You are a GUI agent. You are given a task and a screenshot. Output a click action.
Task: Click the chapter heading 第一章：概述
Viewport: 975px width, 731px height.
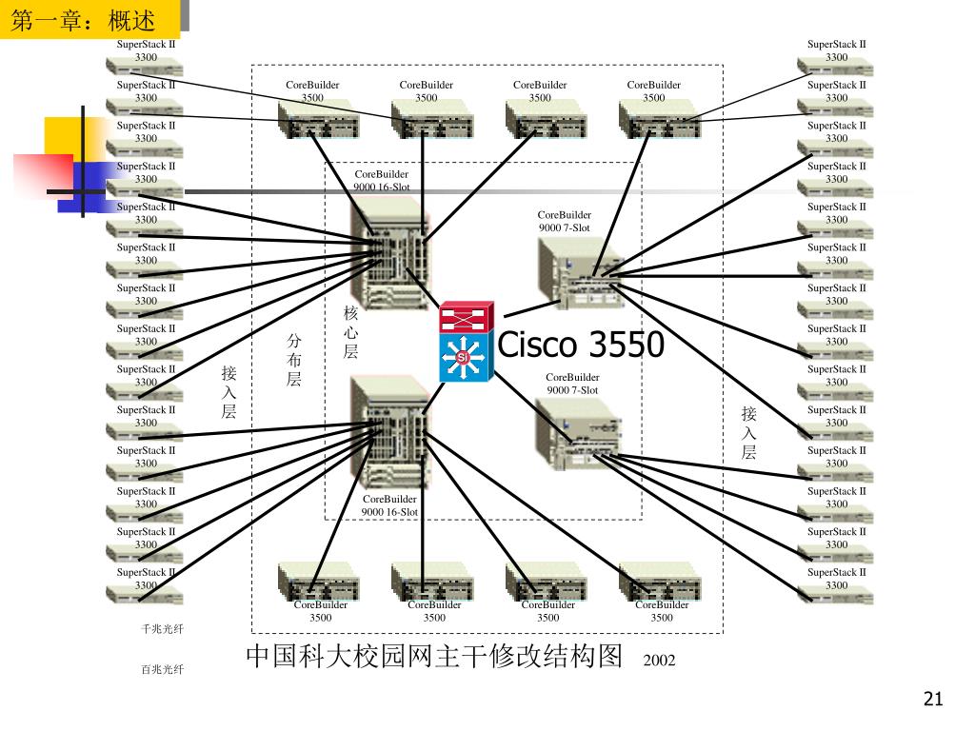click(x=83, y=19)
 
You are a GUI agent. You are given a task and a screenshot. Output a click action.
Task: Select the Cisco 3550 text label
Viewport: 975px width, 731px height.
click(x=581, y=345)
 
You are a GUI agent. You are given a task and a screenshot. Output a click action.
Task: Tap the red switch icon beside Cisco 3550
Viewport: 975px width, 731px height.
click(x=467, y=317)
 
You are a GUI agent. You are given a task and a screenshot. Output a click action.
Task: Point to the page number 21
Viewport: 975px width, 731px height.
click(x=932, y=701)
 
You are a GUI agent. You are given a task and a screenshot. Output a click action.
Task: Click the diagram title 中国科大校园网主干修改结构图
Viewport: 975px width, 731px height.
click(x=434, y=657)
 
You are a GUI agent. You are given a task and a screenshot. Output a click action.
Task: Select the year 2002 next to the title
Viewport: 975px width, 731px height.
click(x=659, y=660)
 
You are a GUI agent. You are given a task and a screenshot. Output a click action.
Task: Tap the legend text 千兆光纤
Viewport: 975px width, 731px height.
click(x=162, y=629)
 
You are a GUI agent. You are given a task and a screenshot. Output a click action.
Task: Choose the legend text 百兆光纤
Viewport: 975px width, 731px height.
click(x=162, y=669)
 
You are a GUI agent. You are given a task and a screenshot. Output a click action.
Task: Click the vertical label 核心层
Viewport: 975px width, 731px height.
click(x=350, y=332)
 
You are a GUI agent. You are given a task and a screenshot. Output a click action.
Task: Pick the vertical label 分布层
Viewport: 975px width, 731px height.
click(x=294, y=360)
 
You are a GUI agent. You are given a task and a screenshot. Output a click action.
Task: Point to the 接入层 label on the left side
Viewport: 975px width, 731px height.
click(x=229, y=391)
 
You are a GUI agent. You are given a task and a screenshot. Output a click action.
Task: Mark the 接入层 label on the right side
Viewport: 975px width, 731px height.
click(x=749, y=432)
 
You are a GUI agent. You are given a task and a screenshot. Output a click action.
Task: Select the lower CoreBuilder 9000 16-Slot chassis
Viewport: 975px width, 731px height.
click(x=390, y=432)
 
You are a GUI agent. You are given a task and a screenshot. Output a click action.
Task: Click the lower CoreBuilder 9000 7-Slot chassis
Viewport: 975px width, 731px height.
click(x=577, y=434)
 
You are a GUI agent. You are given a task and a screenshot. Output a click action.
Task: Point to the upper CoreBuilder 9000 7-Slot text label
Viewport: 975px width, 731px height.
click(x=564, y=222)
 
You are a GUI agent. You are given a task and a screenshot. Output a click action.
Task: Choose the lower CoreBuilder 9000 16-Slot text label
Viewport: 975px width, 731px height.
click(x=389, y=505)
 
